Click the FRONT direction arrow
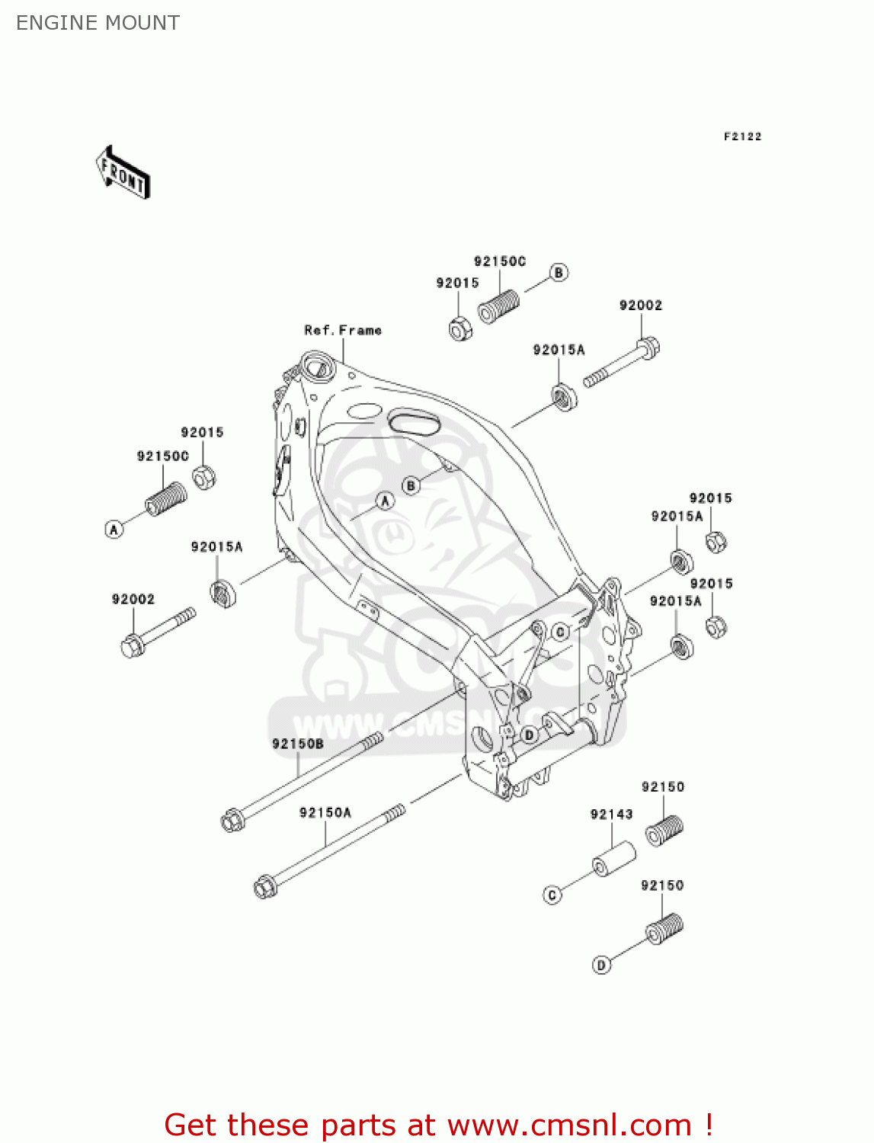coord(123,173)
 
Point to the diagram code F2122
coord(742,136)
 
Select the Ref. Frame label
coord(343,330)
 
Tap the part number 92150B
coord(298,744)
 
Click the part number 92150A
coord(325,812)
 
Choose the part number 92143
coord(611,814)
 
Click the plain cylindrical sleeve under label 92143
coord(614,859)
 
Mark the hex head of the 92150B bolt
coord(232,821)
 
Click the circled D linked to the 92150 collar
coord(601,965)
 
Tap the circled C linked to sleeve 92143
coord(552,895)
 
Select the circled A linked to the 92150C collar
coord(114,529)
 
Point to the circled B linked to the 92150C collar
coord(559,273)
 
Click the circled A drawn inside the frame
coord(385,501)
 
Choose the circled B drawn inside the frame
coord(411,485)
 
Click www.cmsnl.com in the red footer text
coord(569,1125)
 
